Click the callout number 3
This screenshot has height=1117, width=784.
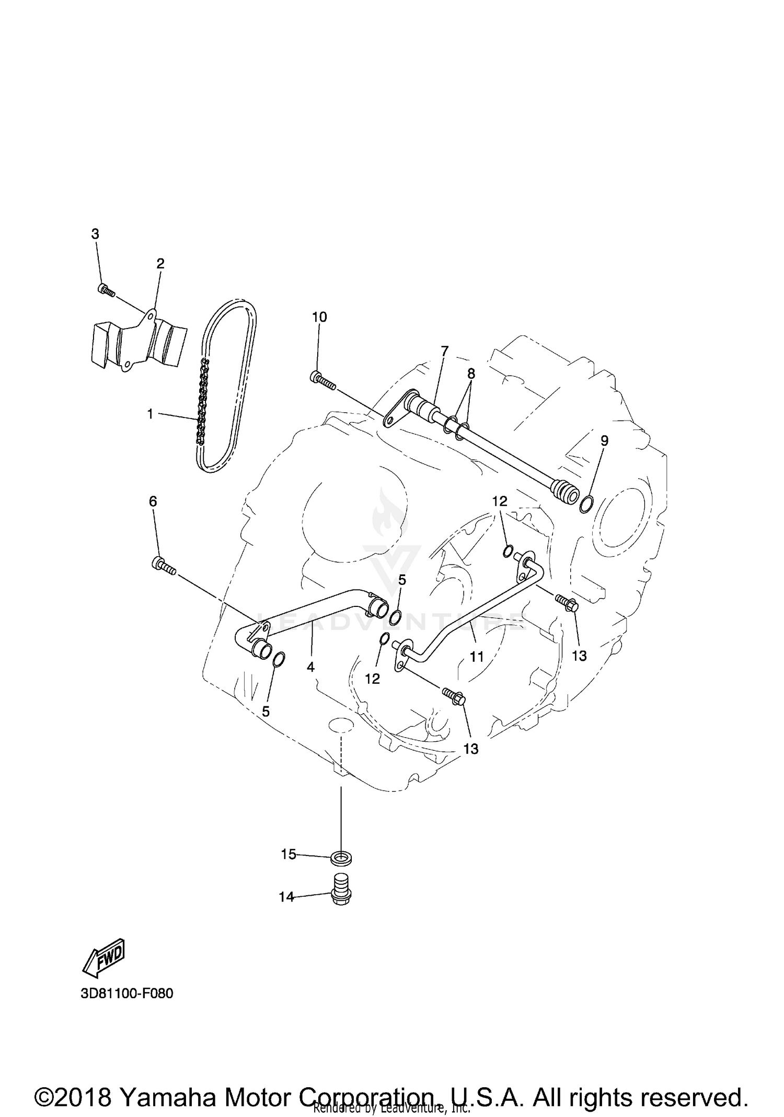(x=95, y=234)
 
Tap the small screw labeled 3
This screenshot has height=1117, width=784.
(x=106, y=290)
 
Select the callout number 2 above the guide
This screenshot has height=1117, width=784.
(x=160, y=263)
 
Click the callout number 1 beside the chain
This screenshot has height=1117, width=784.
(x=150, y=414)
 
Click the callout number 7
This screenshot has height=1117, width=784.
(x=444, y=351)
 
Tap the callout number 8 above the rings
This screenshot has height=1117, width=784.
(x=471, y=374)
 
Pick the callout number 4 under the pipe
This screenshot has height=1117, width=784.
(x=310, y=667)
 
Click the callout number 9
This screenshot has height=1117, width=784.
(x=604, y=441)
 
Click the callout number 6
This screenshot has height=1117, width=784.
(x=153, y=501)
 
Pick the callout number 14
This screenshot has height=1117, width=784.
(x=286, y=897)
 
